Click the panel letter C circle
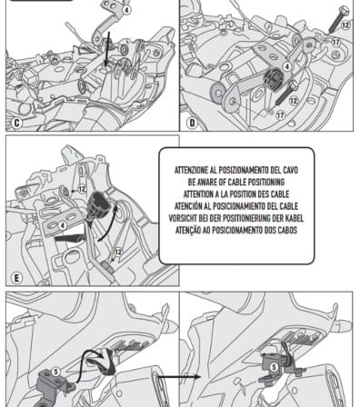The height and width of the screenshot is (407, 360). click(17, 123)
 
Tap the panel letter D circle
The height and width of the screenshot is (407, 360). click(192, 123)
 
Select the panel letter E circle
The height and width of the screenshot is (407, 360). click(17, 278)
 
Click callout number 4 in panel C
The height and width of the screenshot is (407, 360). click(127, 10)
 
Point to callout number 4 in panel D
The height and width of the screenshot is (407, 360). click(286, 66)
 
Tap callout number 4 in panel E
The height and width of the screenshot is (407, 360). click(63, 225)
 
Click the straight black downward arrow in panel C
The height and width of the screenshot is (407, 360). click(107, 49)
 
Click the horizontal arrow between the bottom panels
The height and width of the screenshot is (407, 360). click(179, 377)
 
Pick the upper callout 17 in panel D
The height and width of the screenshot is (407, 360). click(335, 42)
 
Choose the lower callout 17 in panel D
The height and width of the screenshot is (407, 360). click(280, 115)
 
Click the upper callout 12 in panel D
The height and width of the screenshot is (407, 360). click(345, 25)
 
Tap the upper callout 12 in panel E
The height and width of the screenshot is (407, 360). click(82, 189)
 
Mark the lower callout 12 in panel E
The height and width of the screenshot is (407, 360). click(118, 252)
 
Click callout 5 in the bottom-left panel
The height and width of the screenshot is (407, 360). click(55, 372)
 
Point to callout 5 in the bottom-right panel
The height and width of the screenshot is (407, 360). click(274, 367)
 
